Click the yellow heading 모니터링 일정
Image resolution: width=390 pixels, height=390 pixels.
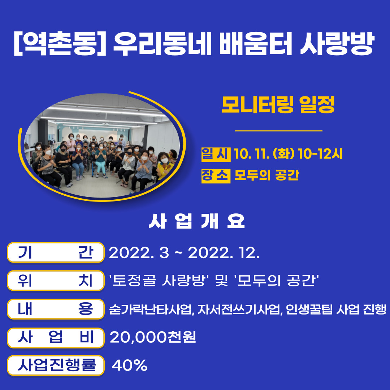tap(278, 105)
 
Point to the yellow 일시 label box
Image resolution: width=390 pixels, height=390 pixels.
tap(216, 155)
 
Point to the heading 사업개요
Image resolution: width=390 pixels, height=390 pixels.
tap(197, 222)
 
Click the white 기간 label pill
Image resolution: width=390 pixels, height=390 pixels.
tap(56, 252)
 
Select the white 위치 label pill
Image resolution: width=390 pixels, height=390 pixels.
tap(56, 281)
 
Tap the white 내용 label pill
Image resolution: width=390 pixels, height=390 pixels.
tap(56, 309)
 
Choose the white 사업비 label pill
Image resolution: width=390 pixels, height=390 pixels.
tap(56, 337)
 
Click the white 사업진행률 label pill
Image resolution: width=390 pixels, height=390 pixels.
tap(56, 365)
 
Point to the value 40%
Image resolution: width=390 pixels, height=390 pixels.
tap(130, 366)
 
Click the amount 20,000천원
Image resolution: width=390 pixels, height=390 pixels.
tap(153, 338)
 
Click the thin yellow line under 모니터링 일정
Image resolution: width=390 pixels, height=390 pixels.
tap(278, 131)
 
